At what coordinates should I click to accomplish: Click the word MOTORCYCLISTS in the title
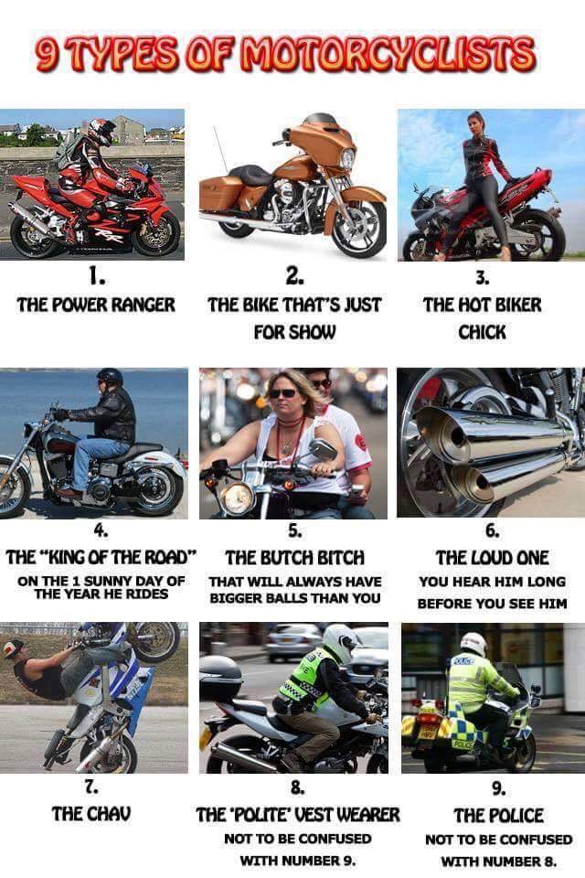388,55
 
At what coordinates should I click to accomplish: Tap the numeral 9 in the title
46,55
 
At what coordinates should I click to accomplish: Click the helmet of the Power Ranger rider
101,131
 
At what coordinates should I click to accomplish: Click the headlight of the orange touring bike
347,159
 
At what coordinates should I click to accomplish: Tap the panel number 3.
483,277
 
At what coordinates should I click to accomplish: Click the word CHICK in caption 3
482,332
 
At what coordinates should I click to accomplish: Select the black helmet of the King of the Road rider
110,376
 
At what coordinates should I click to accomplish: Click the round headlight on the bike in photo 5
238,498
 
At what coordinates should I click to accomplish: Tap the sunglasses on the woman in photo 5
282,393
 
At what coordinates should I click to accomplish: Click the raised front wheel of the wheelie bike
155,640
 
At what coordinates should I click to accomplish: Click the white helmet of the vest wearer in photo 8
340,642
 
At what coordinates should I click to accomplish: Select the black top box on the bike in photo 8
220,679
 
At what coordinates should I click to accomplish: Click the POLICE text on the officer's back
463,662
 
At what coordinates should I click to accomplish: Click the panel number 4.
101,530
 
